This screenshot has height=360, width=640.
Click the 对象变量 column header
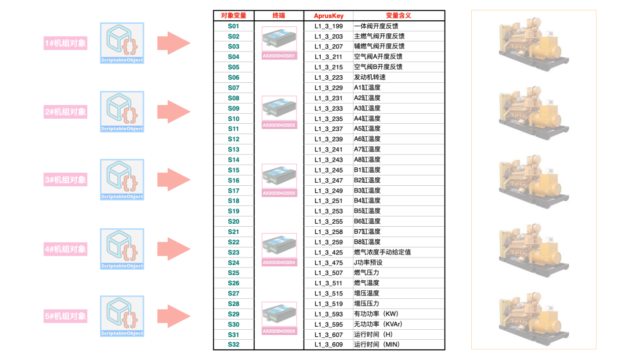pos(233,16)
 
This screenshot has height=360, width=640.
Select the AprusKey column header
pos(328,16)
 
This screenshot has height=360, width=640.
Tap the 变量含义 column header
pos(399,16)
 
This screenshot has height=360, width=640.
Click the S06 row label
pos(233,77)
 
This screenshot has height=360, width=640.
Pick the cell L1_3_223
pos(328,77)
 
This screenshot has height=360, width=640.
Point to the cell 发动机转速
pos(370,77)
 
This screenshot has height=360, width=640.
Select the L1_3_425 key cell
pos(328,252)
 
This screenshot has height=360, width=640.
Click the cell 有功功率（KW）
pos(376,314)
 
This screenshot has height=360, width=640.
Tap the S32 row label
pos(233,345)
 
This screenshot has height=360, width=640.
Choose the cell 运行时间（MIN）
pos(377,345)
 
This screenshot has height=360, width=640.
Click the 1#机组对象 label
pos(65,43)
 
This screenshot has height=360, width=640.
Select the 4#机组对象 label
pos(65,249)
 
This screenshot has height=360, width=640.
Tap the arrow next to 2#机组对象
pos(173,112)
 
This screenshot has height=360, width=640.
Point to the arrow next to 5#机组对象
pos(173,317)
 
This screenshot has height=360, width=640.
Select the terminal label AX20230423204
pos(279,263)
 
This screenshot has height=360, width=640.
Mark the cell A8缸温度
pos(367,160)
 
